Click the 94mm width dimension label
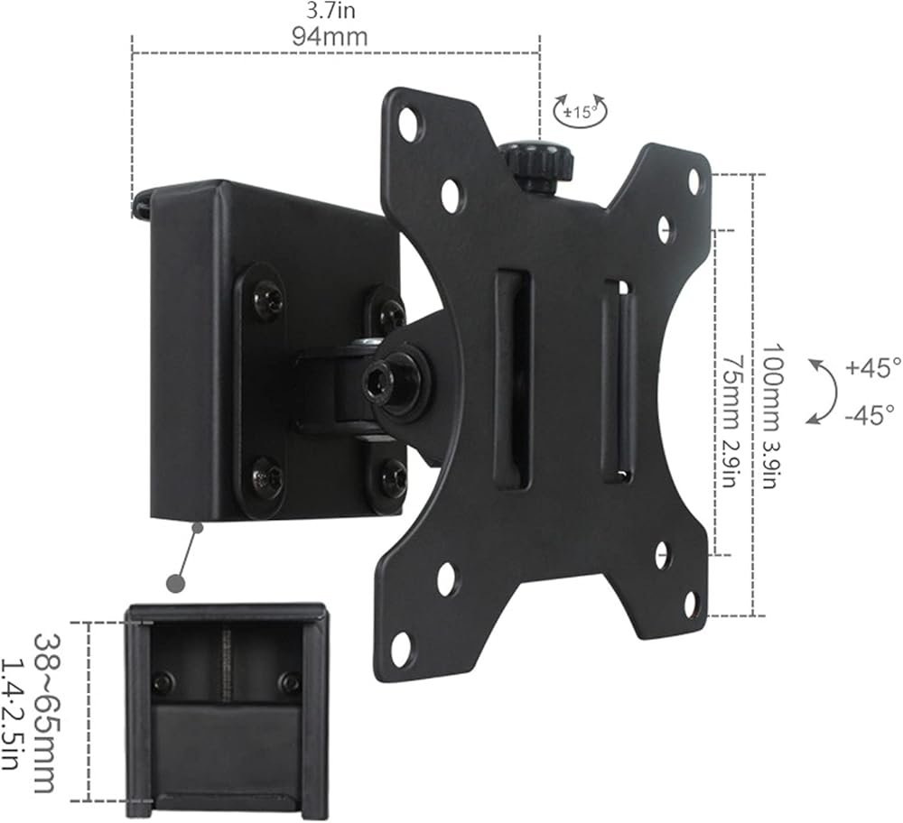coord(330,37)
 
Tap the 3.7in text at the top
coord(330,10)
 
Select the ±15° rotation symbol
coord(581,110)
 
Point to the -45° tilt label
coord(870,414)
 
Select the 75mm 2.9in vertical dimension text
coord(733,421)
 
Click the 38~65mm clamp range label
coord(47,713)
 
